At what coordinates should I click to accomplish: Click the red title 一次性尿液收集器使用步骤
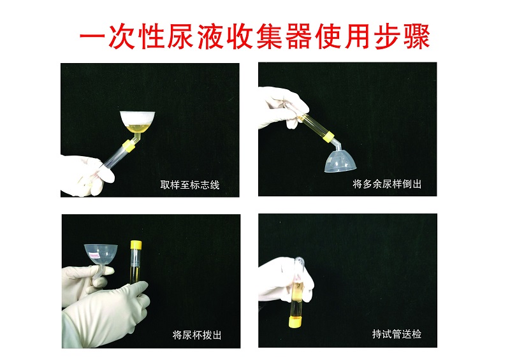tap(255, 36)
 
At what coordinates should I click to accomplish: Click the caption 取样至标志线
tap(190, 185)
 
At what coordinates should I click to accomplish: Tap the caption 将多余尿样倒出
tap(387, 184)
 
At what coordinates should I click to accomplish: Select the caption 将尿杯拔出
tap(197, 335)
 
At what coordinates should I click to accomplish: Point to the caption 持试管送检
tap(397, 334)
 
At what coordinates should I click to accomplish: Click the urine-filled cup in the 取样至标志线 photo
tap(137, 122)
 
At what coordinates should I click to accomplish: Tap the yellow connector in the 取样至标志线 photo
tap(128, 145)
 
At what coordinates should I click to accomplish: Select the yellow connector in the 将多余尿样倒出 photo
tap(330, 137)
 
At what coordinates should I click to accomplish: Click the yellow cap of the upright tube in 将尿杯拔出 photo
tap(136, 245)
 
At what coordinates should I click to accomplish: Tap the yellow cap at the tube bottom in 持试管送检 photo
tap(295, 322)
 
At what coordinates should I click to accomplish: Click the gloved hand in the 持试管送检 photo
tap(283, 280)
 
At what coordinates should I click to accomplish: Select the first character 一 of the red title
tap(94, 36)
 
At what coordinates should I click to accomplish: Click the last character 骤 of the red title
tap(416, 36)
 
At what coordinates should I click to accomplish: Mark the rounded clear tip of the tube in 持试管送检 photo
tap(299, 261)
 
